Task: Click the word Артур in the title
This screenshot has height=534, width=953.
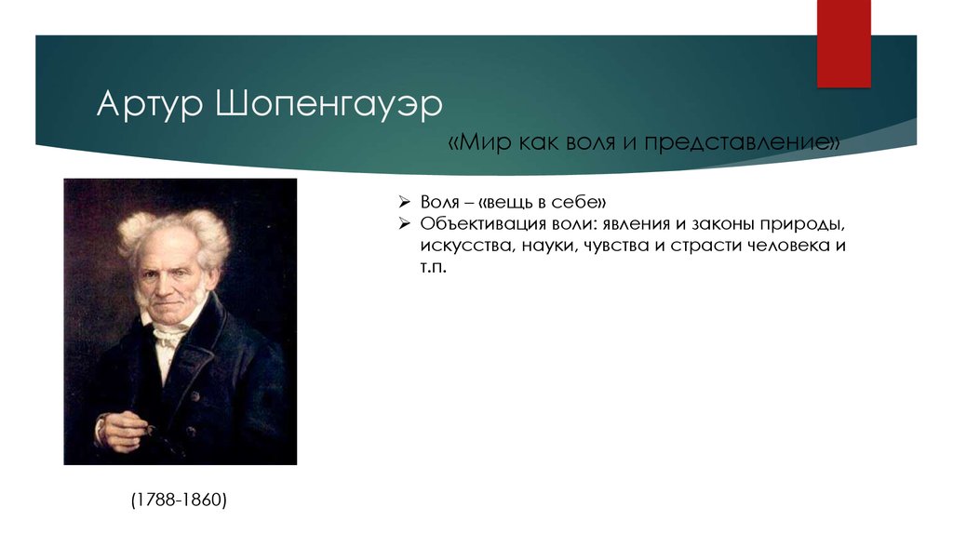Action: click(150, 105)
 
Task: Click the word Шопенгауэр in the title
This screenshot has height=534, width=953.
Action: click(329, 105)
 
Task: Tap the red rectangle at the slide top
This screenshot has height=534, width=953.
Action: click(843, 44)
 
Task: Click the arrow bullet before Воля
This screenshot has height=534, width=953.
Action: click(404, 202)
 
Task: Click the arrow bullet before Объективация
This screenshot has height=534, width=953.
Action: click(404, 223)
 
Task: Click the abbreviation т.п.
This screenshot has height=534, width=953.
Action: click(434, 267)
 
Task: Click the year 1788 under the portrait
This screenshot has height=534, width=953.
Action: click(155, 500)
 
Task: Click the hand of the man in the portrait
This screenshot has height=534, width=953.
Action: click(123, 428)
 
